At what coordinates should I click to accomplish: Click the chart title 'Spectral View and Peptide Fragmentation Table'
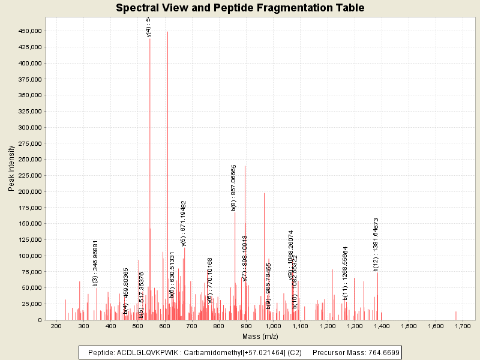[x=240, y=8]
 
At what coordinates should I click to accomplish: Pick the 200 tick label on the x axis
[x=56, y=326]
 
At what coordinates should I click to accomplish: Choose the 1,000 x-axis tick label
[x=273, y=326]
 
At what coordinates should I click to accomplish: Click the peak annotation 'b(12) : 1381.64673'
[x=376, y=245]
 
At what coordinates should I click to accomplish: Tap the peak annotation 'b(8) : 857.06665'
[x=234, y=187]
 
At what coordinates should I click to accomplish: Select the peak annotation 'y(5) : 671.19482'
[x=184, y=223]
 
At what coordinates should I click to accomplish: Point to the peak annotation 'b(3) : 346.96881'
[x=95, y=263]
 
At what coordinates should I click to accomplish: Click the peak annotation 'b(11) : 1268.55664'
[x=346, y=273]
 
